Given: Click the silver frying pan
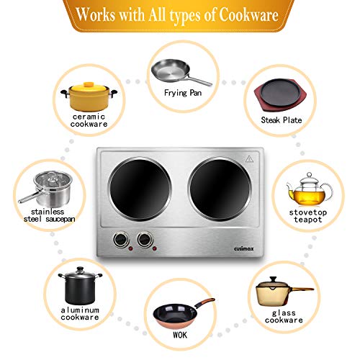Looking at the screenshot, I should click(179, 71).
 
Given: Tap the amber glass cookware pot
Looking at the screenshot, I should click(282, 295).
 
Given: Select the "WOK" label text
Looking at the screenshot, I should click(180, 341).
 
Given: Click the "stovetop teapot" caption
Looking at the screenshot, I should click(310, 217).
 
